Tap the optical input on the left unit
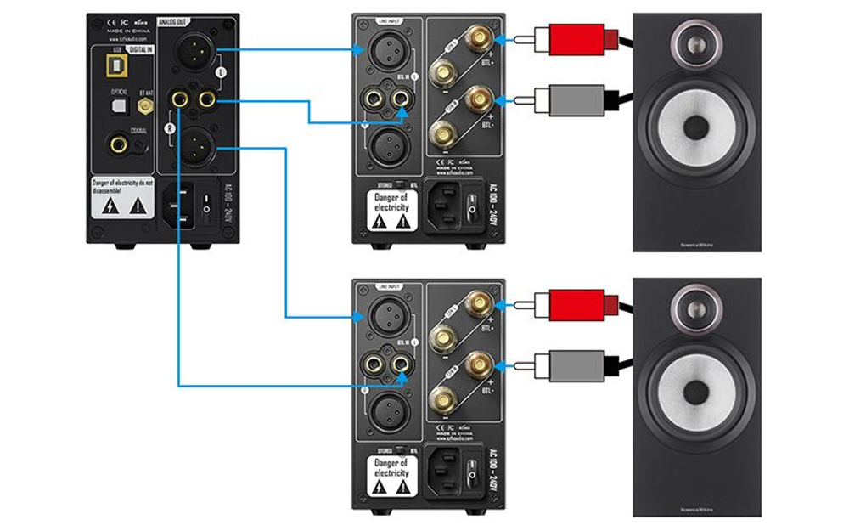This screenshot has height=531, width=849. [117, 105]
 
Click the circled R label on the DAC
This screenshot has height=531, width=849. [170, 127]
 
